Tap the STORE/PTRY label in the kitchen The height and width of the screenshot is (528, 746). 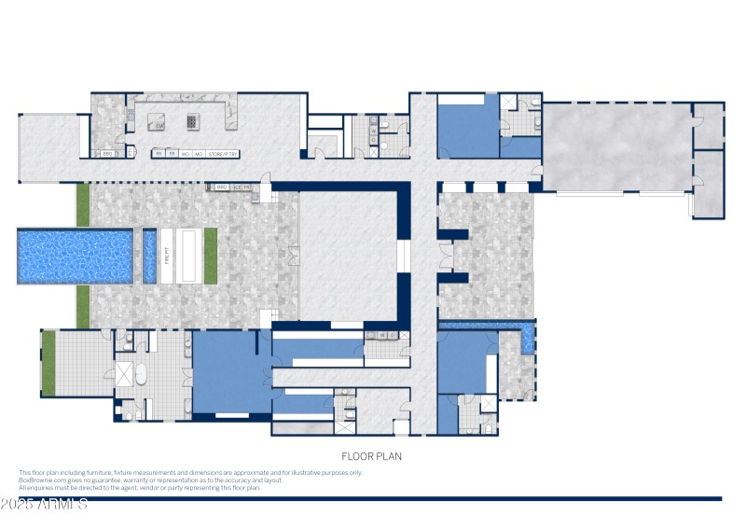coord(223,153)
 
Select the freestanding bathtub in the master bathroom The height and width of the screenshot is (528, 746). coord(142,375)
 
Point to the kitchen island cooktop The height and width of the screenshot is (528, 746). coord(194,120)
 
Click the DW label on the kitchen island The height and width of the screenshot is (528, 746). coord(159,125)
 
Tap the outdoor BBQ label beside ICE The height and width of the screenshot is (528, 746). coord(222,187)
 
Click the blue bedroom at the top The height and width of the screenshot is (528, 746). coord(468,128)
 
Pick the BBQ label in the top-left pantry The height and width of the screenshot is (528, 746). coord(106,154)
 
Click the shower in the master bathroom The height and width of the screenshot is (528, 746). coord(123,375)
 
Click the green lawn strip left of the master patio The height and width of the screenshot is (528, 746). coord(48,363)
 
